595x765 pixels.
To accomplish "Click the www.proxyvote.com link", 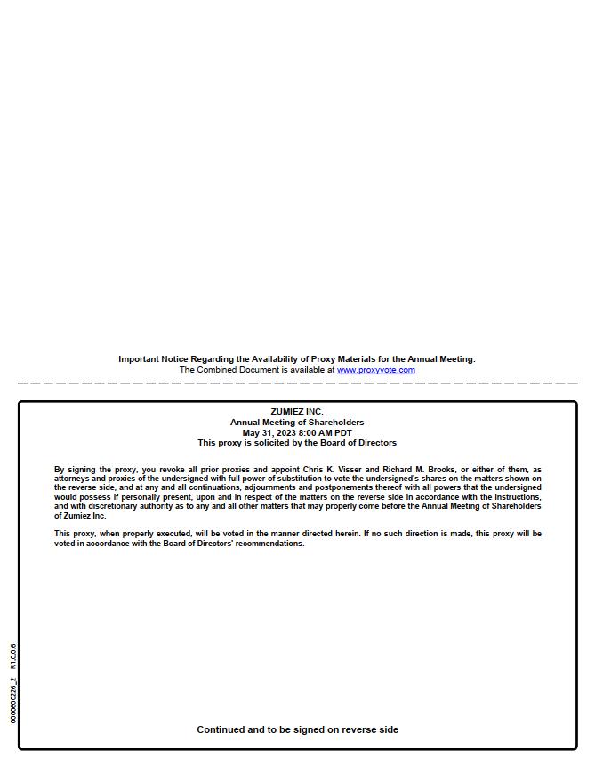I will pyautogui.click(x=375, y=370).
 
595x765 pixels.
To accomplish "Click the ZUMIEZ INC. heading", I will pyautogui.click(x=297, y=412).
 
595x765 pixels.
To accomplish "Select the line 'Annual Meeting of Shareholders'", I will pyautogui.click(x=297, y=423).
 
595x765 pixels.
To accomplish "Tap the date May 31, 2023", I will pyautogui.click(x=269, y=433).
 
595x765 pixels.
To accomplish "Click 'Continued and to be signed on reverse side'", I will pyautogui.click(x=297, y=729).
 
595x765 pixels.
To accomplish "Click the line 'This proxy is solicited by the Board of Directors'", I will pyautogui.click(x=297, y=443).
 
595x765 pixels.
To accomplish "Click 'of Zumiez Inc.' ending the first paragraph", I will pyautogui.click(x=80, y=516).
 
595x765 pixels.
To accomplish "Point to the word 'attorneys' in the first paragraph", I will pyautogui.click(x=71, y=479).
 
